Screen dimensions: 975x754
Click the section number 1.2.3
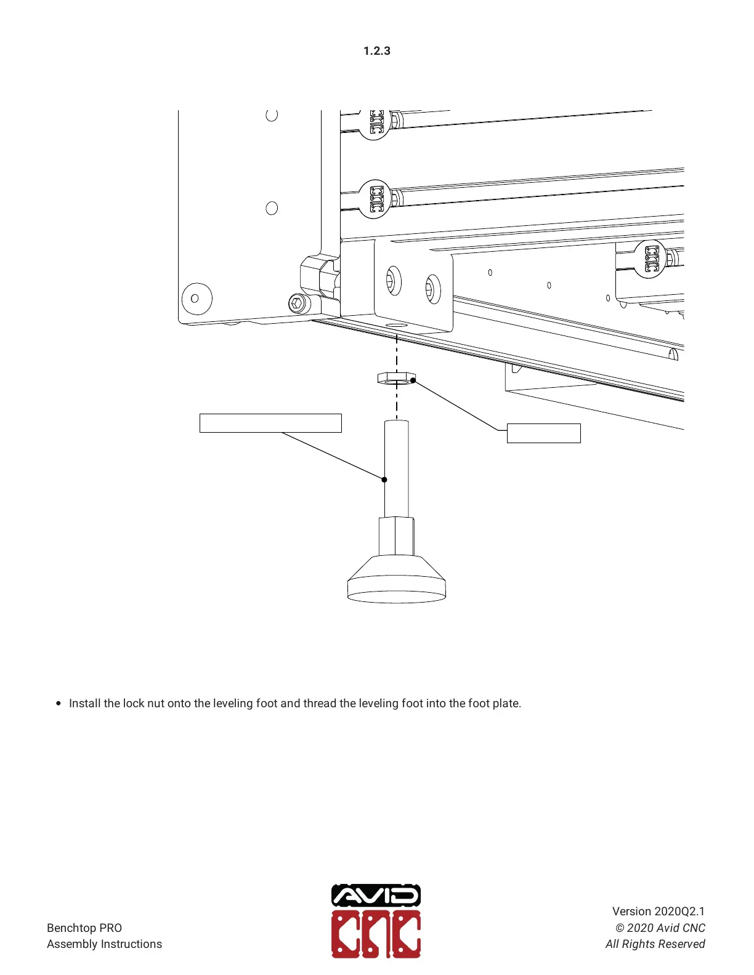[376, 51]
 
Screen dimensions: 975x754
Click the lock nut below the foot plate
[396, 378]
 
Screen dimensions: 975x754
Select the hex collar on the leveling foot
[396, 536]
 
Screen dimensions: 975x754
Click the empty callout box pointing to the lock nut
[543, 433]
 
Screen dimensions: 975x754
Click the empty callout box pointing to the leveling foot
[270, 423]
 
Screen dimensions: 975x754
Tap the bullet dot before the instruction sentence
[59, 703]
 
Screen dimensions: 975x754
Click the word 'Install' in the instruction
[85, 703]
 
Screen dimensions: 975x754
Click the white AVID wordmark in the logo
[376, 896]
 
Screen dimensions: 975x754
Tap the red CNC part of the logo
[376, 934]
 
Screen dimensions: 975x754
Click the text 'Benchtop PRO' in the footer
[84, 928]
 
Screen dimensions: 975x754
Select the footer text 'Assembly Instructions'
[104, 944]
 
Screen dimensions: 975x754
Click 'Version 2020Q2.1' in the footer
[658, 911]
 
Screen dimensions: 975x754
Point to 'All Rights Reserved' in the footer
[655, 944]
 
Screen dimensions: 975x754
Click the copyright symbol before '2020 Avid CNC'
[620, 928]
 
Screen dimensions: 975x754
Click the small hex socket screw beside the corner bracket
[297, 303]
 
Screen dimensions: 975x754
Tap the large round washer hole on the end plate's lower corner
[197, 299]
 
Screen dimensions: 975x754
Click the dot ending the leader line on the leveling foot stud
[384, 479]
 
